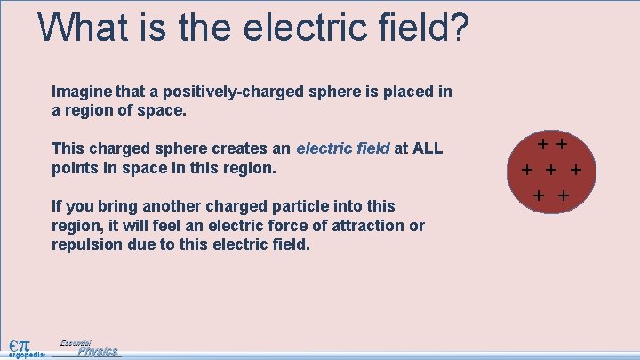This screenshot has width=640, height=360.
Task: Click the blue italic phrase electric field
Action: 343,148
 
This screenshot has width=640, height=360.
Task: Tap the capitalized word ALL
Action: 427,148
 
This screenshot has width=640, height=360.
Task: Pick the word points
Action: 76,167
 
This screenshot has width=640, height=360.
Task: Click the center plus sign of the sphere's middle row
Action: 551,170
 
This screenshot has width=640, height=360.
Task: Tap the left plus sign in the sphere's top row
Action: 542,140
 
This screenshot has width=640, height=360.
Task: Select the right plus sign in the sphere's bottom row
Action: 564,195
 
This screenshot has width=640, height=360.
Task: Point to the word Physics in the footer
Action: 97,351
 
